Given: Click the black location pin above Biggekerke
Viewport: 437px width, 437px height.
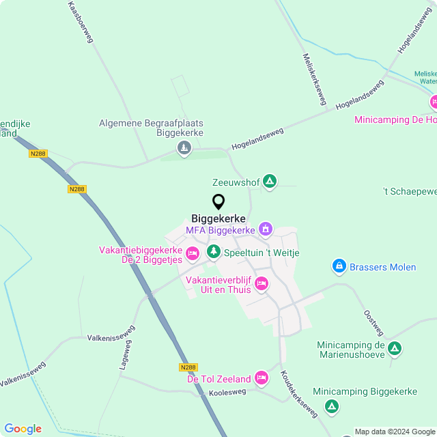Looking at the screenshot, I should (x=218, y=201).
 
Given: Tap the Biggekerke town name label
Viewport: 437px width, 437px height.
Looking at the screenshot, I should (x=218, y=218).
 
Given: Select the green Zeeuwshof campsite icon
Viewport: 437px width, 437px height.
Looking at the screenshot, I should (x=270, y=181).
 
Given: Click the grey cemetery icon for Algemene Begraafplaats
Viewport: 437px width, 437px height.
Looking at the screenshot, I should (x=184, y=147).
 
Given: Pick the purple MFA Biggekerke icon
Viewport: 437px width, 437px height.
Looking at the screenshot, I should (x=266, y=229).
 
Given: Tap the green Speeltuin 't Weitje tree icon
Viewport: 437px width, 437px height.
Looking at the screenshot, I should (x=214, y=252).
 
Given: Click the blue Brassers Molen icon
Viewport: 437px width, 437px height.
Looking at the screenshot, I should (x=339, y=266).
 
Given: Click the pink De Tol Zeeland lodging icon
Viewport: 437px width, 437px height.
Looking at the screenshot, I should (x=262, y=378).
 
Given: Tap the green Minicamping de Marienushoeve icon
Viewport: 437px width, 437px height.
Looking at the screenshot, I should (x=394, y=349).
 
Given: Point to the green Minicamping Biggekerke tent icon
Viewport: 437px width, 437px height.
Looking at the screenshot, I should (x=332, y=407).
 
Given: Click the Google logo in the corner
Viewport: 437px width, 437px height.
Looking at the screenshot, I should (x=23, y=428).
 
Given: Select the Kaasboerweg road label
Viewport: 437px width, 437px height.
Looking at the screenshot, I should (x=81, y=22).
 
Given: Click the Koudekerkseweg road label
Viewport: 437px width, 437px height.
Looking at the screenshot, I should (x=299, y=395).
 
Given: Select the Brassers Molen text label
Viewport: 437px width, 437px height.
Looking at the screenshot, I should (x=384, y=266).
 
